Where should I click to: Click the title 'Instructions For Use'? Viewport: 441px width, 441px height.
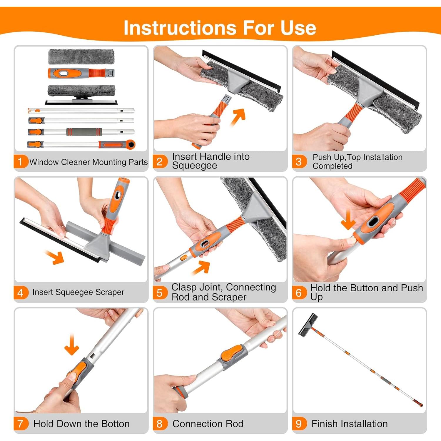click(x=220, y=28)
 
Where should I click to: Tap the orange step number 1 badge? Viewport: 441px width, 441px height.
click(x=20, y=161)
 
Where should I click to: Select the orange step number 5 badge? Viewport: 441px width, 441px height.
click(x=160, y=293)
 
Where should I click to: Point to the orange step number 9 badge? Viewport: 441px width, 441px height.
click(x=299, y=424)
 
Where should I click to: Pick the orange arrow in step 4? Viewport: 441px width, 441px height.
click(x=55, y=257)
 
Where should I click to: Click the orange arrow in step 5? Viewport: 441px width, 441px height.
click(x=201, y=268)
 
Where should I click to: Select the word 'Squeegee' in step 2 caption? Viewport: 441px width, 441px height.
click(x=195, y=166)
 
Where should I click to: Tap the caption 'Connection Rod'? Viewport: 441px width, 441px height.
click(x=208, y=424)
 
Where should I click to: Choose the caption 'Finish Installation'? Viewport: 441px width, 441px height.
click(x=350, y=424)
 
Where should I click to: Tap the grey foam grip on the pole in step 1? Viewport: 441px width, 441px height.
click(x=84, y=131)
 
